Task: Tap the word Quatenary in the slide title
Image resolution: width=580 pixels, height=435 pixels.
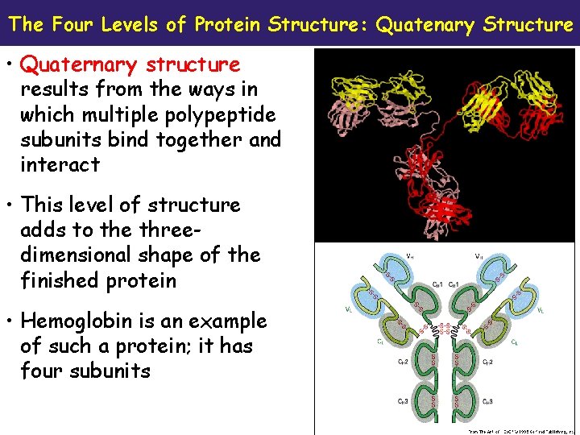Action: pyautogui.click(x=426, y=24)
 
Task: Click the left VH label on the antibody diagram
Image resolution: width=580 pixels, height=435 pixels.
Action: pyautogui.click(x=388, y=255)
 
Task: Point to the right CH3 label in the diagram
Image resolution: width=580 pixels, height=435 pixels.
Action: pyautogui.click(x=488, y=401)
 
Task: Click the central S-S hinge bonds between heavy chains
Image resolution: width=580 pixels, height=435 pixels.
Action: pyautogui.click(x=443, y=329)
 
